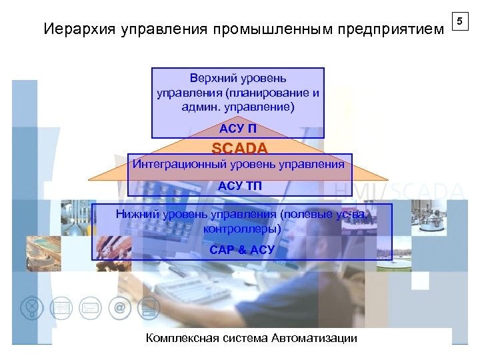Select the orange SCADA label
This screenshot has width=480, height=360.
pos(239,148)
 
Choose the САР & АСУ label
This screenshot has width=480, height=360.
pos(241,250)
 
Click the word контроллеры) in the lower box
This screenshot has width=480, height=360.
pos(241,228)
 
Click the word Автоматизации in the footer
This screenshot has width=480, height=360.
pos(314,338)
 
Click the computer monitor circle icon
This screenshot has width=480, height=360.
pos(150,308)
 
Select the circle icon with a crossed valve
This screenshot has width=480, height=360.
pos(31,308)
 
